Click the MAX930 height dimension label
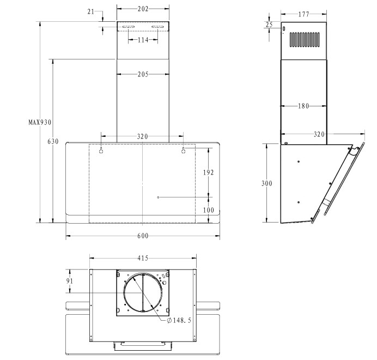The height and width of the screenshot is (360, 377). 40,122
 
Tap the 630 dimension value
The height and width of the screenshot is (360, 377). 53,141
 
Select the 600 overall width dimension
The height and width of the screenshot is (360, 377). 143,236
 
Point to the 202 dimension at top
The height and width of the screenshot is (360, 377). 143,9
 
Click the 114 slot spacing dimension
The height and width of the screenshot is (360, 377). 143,40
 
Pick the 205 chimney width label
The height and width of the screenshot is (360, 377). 143,74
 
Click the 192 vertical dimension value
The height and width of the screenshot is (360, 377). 208,172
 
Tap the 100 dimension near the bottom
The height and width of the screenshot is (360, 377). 209,210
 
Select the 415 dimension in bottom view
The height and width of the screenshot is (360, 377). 143,258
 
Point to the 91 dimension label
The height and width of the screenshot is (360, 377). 70,281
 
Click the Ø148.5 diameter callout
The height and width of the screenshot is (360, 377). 179,320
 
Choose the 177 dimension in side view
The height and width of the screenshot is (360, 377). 303,14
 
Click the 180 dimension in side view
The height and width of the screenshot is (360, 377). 303,106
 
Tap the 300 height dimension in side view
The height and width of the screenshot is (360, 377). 267,183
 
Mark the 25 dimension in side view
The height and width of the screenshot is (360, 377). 269,25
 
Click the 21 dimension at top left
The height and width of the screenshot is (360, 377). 91,11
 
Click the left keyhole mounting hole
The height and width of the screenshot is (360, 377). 101,150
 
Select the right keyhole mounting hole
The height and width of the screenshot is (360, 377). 184,150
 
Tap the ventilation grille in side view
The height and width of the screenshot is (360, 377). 305,40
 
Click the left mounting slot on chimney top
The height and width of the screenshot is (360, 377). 129,27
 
